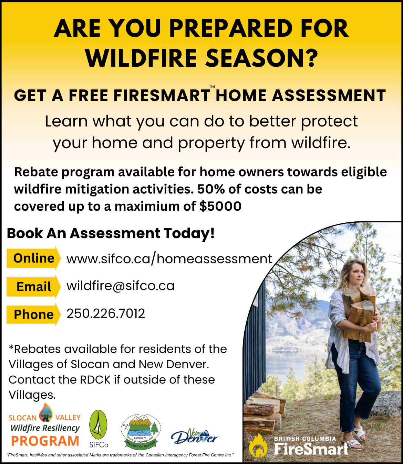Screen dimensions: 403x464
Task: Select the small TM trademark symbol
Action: [212, 87]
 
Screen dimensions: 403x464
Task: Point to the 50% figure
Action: [211, 189]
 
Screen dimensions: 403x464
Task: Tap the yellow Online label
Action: [33, 258]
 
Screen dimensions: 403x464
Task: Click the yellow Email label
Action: [33, 287]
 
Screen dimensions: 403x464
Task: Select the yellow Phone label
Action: [33, 314]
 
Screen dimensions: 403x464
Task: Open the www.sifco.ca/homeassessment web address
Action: [169, 259]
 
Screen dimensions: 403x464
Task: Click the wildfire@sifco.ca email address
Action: [120, 286]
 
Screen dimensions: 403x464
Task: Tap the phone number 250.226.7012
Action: [105, 313]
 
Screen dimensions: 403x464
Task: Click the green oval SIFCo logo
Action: [98, 424]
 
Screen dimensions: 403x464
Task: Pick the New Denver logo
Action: [194, 437]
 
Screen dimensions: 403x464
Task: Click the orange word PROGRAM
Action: [45, 441]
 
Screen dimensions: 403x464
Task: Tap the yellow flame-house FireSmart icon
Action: [258, 445]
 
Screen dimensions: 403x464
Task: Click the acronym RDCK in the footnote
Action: [95, 379]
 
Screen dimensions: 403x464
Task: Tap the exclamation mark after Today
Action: [212, 233]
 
